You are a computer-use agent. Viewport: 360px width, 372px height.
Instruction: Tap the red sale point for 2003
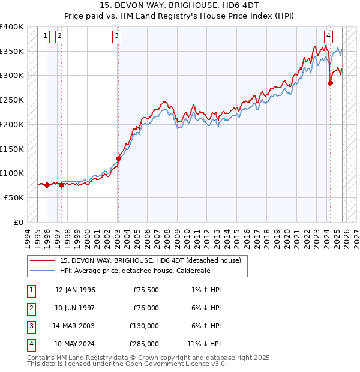tap(118, 159)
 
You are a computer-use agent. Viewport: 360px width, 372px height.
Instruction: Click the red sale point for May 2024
tap(330, 83)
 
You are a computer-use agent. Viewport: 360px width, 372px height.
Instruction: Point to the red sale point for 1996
tap(47, 185)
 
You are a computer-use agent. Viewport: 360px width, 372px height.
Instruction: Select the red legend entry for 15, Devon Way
tap(150, 260)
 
